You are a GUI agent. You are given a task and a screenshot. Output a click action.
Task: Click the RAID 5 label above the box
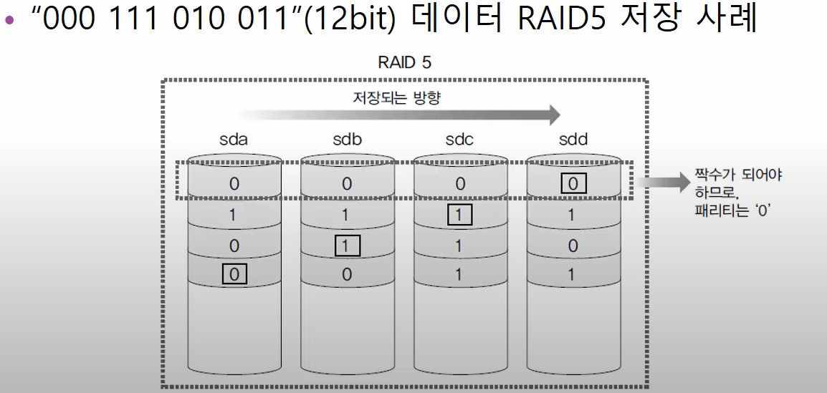click(x=404, y=62)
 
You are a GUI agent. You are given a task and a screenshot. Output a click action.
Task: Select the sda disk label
click(x=234, y=140)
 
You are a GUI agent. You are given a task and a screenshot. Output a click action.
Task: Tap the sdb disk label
click(x=347, y=140)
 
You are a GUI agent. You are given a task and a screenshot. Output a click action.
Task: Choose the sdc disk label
click(x=459, y=140)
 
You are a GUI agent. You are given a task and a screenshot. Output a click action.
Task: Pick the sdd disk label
click(x=573, y=140)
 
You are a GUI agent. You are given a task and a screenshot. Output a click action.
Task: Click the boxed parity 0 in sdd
click(x=573, y=184)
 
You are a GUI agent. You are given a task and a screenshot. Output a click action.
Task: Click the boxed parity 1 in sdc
click(x=459, y=214)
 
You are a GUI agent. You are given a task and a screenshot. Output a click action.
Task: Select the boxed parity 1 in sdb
click(x=347, y=245)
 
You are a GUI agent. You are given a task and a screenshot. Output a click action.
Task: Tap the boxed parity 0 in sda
click(x=234, y=274)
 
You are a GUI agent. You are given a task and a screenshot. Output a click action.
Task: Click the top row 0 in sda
click(x=234, y=184)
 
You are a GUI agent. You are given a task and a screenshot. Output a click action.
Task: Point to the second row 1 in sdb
click(x=347, y=214)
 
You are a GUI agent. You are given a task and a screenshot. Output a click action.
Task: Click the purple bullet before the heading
click(x=9, y=21)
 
